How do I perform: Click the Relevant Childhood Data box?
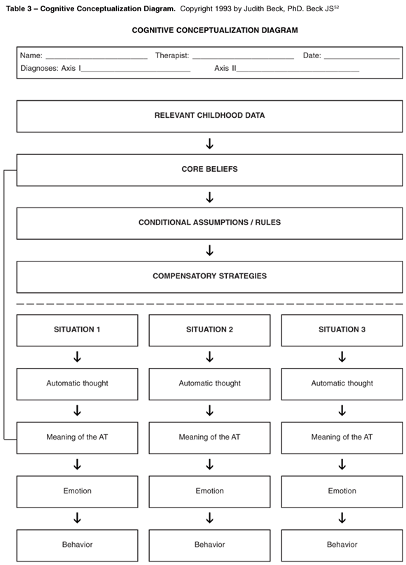coord(209,116)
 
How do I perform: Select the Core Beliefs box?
coord(209,170)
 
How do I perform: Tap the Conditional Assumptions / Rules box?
coord(209,223)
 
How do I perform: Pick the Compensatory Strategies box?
coord(209,276)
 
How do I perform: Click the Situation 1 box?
coord(77,330)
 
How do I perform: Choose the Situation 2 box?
coord(209,330)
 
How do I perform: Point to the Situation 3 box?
coord(342,330)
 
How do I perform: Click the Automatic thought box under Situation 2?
coord(209,383)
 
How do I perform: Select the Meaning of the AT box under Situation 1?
coord(77,437)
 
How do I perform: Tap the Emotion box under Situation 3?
coord(342,491)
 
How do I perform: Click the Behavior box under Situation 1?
coord(77,545)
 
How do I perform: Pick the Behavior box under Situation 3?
coord(342,545)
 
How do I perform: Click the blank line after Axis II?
coord(297,71)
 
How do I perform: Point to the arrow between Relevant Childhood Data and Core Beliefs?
coord(209,144)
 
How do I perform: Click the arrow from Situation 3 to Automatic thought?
coord(342,357)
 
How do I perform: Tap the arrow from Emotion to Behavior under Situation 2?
coord(209,518)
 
